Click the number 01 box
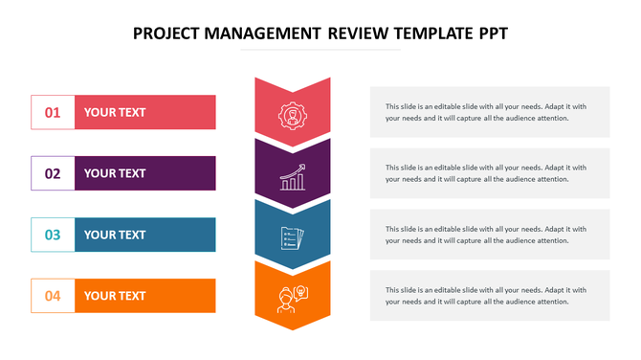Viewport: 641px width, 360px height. pos(53,112)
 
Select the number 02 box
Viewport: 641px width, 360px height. pos(53,173)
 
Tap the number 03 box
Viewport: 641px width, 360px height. pos(53,235)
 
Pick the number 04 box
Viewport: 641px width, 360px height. pos(53,296)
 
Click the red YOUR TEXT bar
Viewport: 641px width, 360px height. pos(144,112)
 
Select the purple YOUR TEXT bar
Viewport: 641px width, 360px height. pos(144,173)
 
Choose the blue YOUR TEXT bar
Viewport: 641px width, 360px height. pos(144,235)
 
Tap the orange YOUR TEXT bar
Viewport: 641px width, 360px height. pos(144,296)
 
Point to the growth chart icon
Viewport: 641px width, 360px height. pos(293,176)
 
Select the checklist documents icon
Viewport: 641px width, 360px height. pos(292,236)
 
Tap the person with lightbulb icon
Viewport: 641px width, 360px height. pos(292,297)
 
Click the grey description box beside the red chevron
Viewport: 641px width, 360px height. pos(490,112)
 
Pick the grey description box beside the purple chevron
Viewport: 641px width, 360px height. pos(490,173)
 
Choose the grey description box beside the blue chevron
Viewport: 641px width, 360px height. pos(490,235)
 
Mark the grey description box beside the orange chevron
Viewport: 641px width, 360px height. pos(490,296)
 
